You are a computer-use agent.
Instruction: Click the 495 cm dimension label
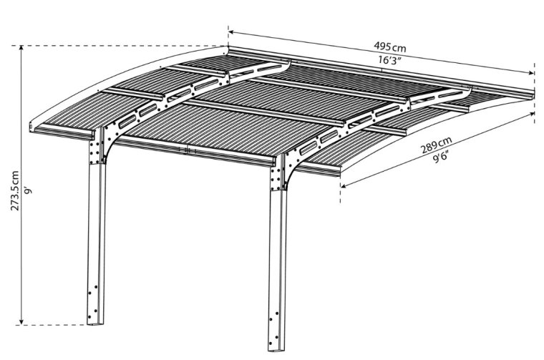tap(389, 47)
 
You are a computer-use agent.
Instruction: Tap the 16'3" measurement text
tap(389, 60)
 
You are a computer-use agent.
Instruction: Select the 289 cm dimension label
tap(436, 145)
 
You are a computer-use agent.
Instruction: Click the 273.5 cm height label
tap(15, 191)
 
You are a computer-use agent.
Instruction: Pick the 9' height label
tap(28, 190)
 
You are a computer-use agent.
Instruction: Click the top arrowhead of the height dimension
tap(21, 48)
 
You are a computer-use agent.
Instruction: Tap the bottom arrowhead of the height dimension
tap(21, 322)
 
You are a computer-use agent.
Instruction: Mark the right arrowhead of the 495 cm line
tap(531, 73)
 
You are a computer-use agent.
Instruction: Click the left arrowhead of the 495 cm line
tap(231, 32)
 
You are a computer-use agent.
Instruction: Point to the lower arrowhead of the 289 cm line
tap(344, 186)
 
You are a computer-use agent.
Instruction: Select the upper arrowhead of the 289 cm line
tap(531, 114)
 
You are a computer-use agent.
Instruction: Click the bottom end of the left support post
tap(95, 324)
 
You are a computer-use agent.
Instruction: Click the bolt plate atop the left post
tap(94, 152)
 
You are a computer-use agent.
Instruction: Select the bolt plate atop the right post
tap(276, 179)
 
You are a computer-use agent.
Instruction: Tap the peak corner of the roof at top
tap(228, 47)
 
